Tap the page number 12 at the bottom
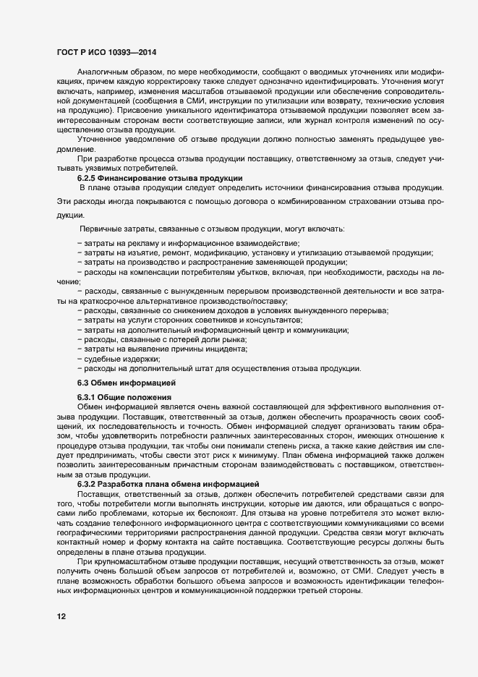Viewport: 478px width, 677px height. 61,617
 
